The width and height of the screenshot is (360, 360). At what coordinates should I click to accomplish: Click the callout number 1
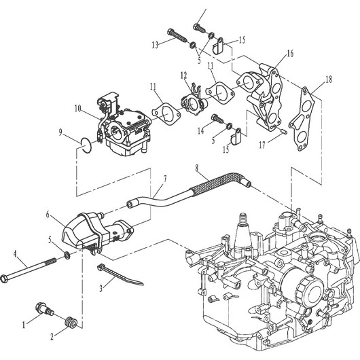(x=24, y=325)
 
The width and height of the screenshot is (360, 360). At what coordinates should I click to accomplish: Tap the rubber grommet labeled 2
(x=71, y=322)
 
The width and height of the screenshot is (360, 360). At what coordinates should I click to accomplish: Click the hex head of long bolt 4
(x=5, y=279)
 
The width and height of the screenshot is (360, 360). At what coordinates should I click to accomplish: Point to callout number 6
(x=48, y=215)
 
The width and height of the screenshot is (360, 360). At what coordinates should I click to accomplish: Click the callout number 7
(x=165, y=179)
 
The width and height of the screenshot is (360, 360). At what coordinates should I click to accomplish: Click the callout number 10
(x=78, y=109)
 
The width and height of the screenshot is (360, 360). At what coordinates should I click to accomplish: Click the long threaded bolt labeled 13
(x=177, y=35)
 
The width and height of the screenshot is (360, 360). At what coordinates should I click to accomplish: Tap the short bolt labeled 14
(x=217, y=118)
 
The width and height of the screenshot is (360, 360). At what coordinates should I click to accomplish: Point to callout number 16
(x=290, y=54)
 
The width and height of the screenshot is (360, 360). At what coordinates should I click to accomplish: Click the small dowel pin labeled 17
(x=284, y=131)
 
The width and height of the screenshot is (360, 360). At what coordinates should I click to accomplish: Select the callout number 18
(x=329, y=79)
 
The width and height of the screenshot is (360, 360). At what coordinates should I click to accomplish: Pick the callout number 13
(x=155, y=45)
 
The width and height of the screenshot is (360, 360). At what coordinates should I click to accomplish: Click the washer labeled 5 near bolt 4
(x=67, y=255)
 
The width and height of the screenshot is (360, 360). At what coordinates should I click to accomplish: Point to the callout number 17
(x=262, y=145)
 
